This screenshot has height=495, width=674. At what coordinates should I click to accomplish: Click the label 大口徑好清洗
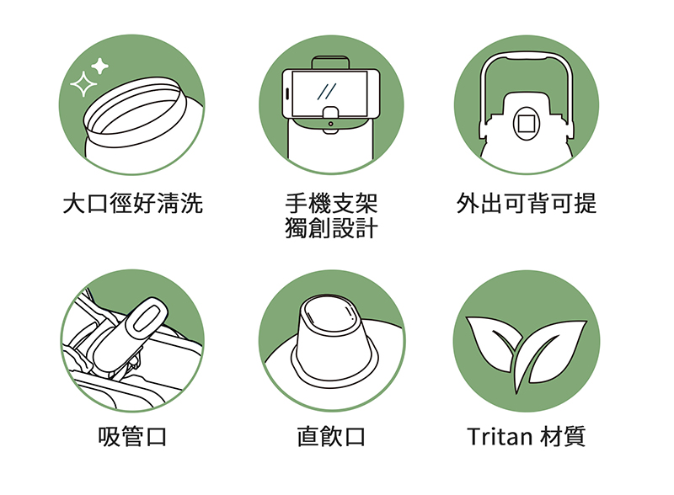132,203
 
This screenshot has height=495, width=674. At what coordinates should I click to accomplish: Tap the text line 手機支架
331,203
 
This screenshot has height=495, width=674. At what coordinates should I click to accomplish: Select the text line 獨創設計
331,228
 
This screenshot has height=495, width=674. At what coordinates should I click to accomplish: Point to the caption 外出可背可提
527,203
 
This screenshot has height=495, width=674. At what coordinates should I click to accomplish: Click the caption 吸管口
132,437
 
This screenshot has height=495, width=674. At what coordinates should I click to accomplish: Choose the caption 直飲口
331,437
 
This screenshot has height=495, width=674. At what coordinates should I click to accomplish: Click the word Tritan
500,437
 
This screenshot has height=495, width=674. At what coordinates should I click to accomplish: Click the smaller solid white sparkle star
100,67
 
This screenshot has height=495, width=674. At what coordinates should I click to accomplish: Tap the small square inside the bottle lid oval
526,124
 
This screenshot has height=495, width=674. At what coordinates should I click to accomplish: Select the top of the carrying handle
527,56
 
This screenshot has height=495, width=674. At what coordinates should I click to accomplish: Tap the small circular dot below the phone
330,125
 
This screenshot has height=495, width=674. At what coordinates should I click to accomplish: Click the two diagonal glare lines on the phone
327,92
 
